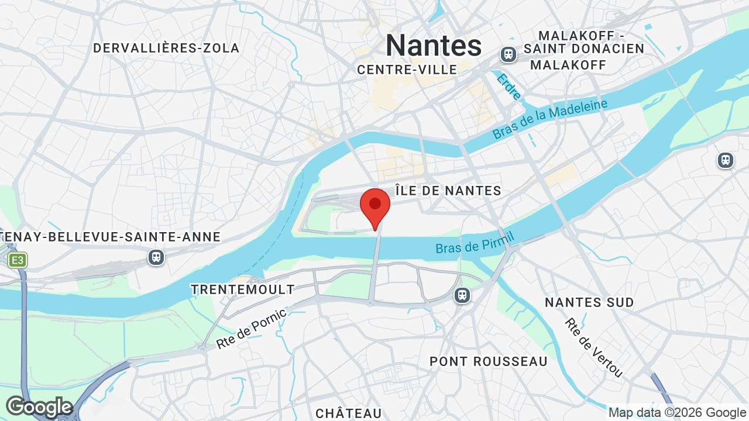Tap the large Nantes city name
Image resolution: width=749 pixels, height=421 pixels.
(434, 46)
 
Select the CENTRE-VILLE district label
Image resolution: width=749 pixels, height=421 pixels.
(407, 70)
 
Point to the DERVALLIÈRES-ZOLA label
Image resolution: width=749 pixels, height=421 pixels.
(166, 48)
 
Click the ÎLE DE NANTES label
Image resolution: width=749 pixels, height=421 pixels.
(448, 191)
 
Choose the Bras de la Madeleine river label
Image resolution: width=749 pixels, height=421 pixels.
(549, 119)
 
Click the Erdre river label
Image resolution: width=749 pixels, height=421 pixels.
(509, 86)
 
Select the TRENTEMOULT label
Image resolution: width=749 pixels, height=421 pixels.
(243, 289)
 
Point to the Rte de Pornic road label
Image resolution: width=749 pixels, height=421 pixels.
(251, 329)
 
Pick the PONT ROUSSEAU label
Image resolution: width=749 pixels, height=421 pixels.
(489, 361)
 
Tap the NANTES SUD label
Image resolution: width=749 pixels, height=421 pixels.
(589, 302)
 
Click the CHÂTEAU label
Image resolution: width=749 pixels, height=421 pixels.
(349, 413)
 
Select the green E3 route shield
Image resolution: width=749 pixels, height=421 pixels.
(18, 260)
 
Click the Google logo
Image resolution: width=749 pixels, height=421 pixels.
(39, 407)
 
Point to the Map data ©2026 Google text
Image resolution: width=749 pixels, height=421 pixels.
(677, 413)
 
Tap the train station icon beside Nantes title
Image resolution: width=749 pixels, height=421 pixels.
(509, 54)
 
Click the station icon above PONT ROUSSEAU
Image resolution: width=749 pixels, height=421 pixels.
(462, 295)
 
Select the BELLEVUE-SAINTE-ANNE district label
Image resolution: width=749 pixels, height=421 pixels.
(111, 237)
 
